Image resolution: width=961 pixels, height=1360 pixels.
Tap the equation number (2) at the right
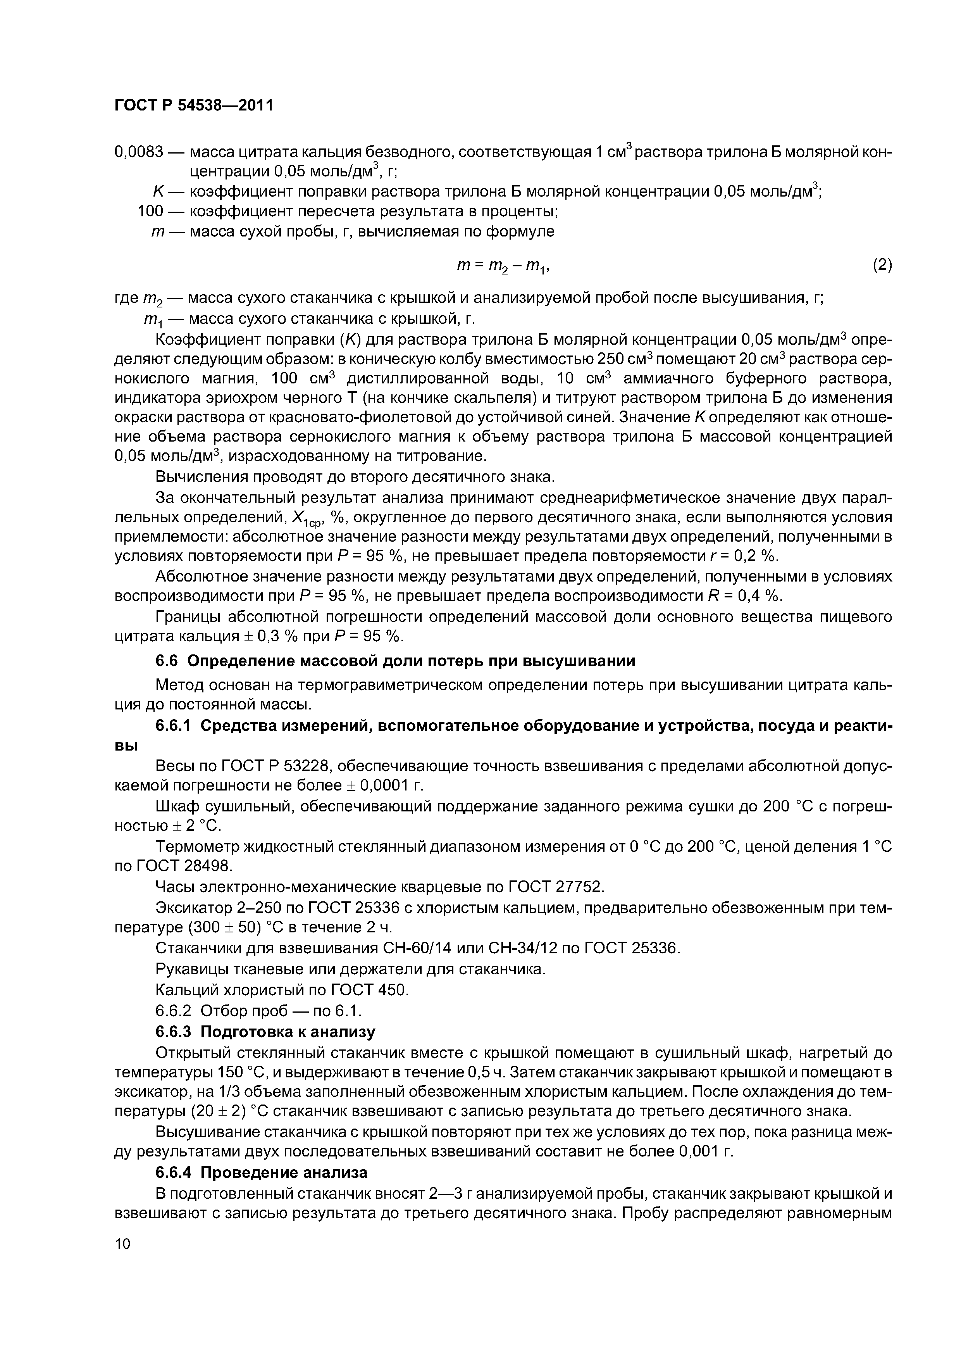point(882,265)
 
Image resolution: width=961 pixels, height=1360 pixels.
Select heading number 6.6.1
point(173,726)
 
